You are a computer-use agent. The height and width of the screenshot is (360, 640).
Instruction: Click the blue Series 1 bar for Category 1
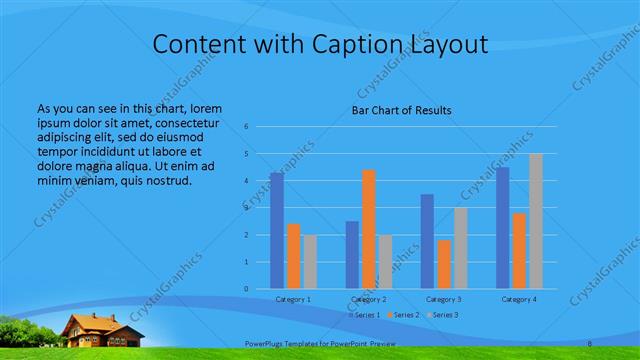(277, 230)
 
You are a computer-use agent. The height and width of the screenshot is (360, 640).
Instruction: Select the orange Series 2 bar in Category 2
(369, 229)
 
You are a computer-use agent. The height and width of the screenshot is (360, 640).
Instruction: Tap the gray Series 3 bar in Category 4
(536, 221)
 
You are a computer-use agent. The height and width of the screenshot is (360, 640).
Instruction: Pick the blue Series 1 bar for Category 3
(427, 241)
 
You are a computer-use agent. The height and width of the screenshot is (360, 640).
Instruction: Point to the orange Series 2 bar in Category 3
(444, 264)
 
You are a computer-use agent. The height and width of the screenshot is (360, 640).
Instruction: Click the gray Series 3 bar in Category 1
(310, 261)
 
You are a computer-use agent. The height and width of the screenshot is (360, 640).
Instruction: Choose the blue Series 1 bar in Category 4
(503, 227)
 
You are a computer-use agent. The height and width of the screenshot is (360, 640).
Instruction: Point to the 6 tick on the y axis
(246, 127)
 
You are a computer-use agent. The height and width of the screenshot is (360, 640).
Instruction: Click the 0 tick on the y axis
(246, 289)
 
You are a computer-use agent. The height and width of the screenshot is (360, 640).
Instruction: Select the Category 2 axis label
(369, 299)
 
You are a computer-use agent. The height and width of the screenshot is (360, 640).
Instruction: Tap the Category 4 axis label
(519, 299)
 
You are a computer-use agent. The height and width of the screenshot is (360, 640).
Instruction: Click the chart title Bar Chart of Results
(401, 110)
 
